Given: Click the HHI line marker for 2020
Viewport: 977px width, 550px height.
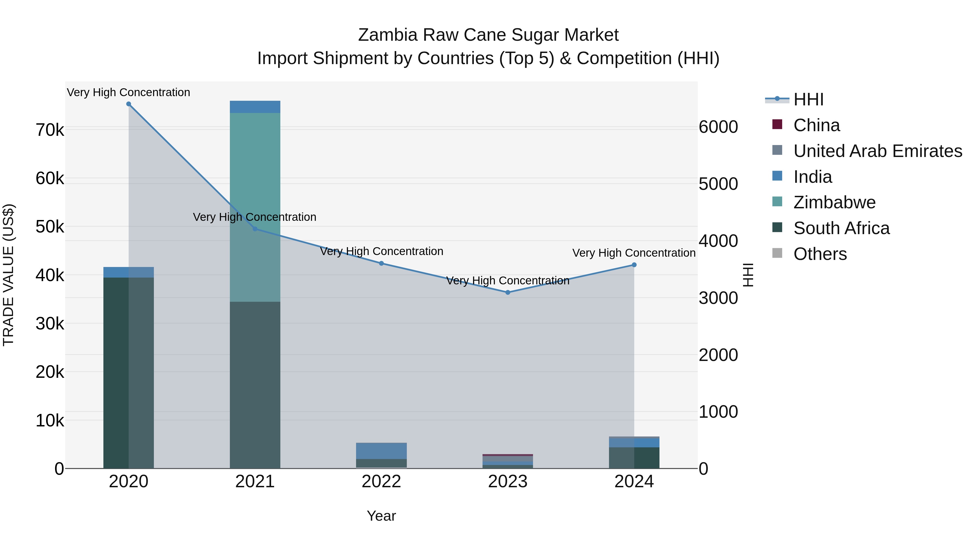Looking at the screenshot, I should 129,104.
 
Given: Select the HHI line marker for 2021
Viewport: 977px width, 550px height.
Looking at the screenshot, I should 255,229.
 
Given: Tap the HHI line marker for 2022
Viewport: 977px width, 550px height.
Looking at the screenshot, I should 382,263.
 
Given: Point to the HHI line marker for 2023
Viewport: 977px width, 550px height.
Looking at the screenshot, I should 508,292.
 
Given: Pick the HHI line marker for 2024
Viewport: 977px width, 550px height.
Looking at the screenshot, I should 634,265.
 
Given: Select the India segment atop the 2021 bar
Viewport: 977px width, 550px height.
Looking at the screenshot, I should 255,107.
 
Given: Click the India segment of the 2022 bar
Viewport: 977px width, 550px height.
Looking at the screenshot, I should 382,451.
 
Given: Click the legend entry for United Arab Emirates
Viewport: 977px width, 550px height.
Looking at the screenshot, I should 877,151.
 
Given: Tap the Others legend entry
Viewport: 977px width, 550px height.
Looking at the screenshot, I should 820,254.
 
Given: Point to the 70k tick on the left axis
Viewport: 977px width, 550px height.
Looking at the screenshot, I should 50,130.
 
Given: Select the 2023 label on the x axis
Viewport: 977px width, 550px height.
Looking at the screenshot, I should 507,482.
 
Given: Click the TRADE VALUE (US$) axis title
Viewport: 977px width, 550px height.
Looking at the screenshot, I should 8,275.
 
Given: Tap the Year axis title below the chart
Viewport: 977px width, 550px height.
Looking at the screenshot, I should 381,516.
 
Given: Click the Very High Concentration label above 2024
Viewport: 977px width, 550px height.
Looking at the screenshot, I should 634,253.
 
